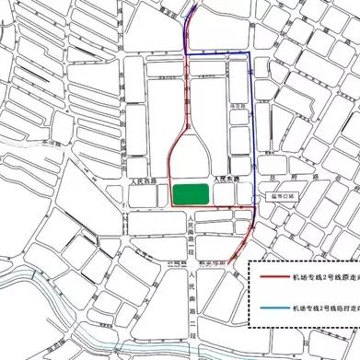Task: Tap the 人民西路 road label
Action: [145, 181]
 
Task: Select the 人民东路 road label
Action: [225, 180]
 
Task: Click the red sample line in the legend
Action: [273, 274]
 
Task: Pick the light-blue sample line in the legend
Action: [273, 308]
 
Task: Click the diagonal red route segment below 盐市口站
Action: [241, 239]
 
